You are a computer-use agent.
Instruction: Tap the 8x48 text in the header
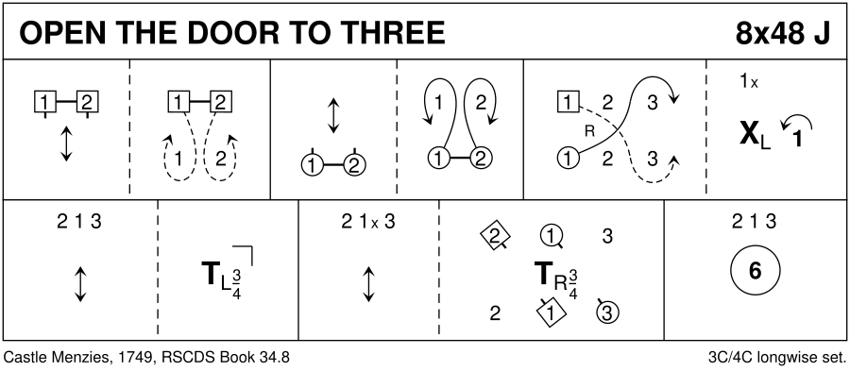coord(764,34)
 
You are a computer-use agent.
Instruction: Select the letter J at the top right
coord(822,34)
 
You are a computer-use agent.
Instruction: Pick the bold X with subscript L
coord(755,134)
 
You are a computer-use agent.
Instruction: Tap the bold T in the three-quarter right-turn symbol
coord(544,274)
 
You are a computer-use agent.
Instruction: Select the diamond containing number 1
coord(551,313)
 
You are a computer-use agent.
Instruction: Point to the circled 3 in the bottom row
coord(607,312)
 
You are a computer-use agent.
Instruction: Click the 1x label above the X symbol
coord(749,82)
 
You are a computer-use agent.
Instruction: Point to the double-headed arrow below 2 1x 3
coord(368,284)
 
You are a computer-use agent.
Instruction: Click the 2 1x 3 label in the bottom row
coord(368,222)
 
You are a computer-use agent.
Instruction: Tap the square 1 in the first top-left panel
coord(44,101)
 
